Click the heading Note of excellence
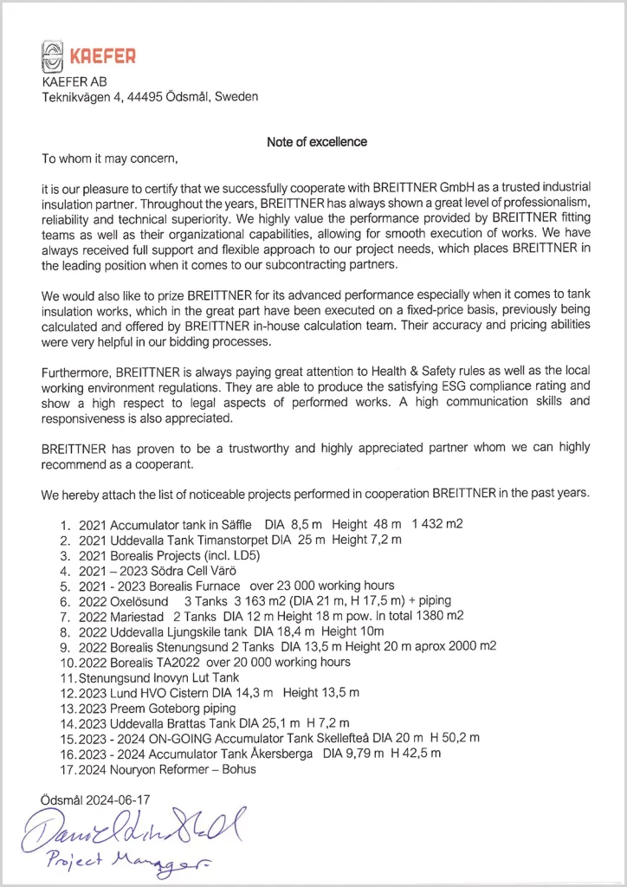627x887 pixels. click(317, 142)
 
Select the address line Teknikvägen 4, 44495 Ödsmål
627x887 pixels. click(150, 97)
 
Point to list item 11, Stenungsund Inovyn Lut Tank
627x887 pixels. click(161, 677)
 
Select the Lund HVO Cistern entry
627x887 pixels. click(218, 693)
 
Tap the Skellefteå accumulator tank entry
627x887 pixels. click(279, 738)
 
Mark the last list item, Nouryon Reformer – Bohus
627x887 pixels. click(167, 768)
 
